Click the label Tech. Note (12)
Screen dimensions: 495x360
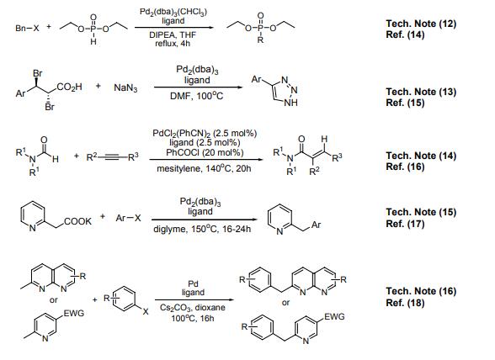click(421, 24)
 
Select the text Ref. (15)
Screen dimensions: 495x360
click(405, 103)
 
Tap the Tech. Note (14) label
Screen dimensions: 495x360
click(421, 156)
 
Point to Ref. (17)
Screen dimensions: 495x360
click(405, 224)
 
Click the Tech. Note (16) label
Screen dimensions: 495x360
click(421, 291)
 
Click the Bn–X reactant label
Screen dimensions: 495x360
click(27, 28)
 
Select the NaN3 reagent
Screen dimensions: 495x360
click(125, 87)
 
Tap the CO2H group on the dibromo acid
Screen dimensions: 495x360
click(69, 87)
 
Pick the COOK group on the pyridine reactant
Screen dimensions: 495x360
click(77, 221)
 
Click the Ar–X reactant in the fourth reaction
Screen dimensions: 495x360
click(128, 218)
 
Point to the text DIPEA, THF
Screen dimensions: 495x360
click(173, 34)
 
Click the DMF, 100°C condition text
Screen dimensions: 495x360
click(197, 96)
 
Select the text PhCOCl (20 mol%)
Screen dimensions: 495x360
click(205, 153)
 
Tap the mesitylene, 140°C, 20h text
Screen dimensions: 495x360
click(204, 168)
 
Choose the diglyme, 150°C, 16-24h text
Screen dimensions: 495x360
click(202, 229)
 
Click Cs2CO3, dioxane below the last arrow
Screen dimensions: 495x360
click(193, 308)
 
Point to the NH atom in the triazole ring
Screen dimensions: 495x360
click(290, 103)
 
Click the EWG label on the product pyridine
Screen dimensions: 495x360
click(334, 316)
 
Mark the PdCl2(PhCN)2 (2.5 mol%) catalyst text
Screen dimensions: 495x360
click(205, 133)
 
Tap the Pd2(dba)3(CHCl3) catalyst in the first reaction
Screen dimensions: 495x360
click(173, 12)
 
